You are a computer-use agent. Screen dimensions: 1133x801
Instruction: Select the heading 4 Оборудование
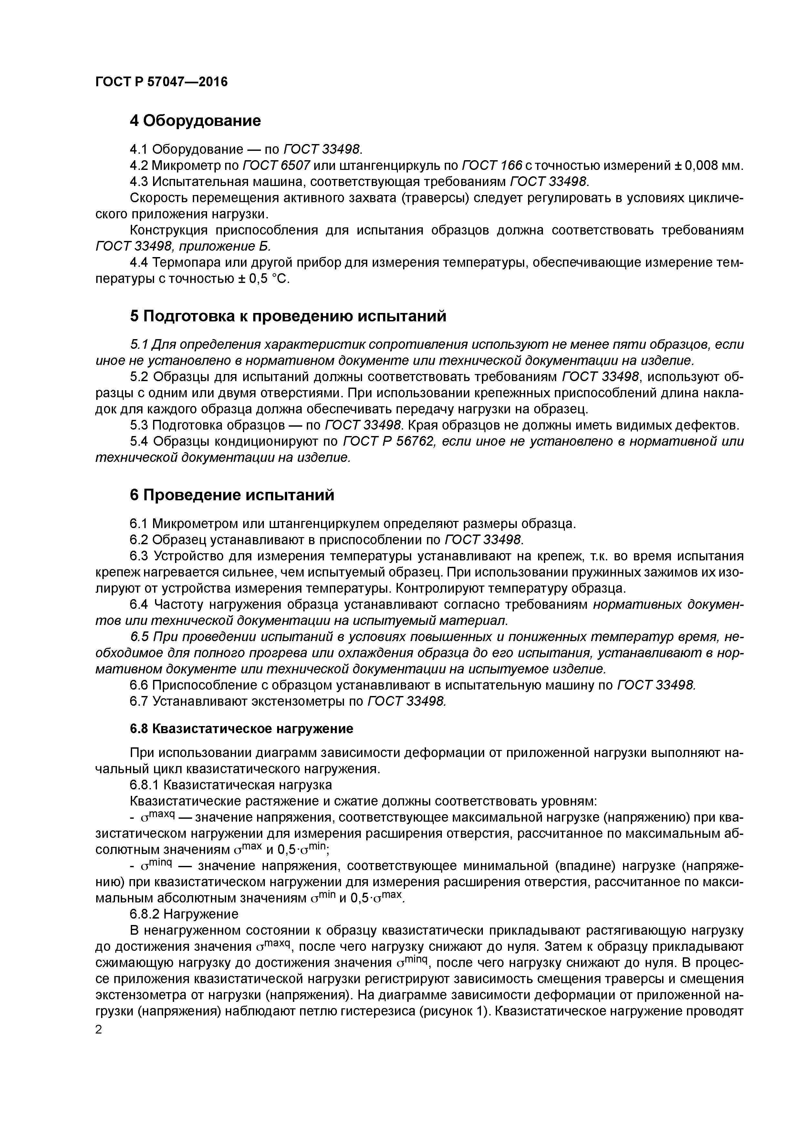point(195,120)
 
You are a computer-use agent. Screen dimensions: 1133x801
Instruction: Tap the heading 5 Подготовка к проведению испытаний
point(288,316)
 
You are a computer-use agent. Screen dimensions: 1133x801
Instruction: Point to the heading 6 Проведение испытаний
point(232,495)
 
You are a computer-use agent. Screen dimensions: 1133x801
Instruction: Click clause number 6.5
point(140,638)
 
